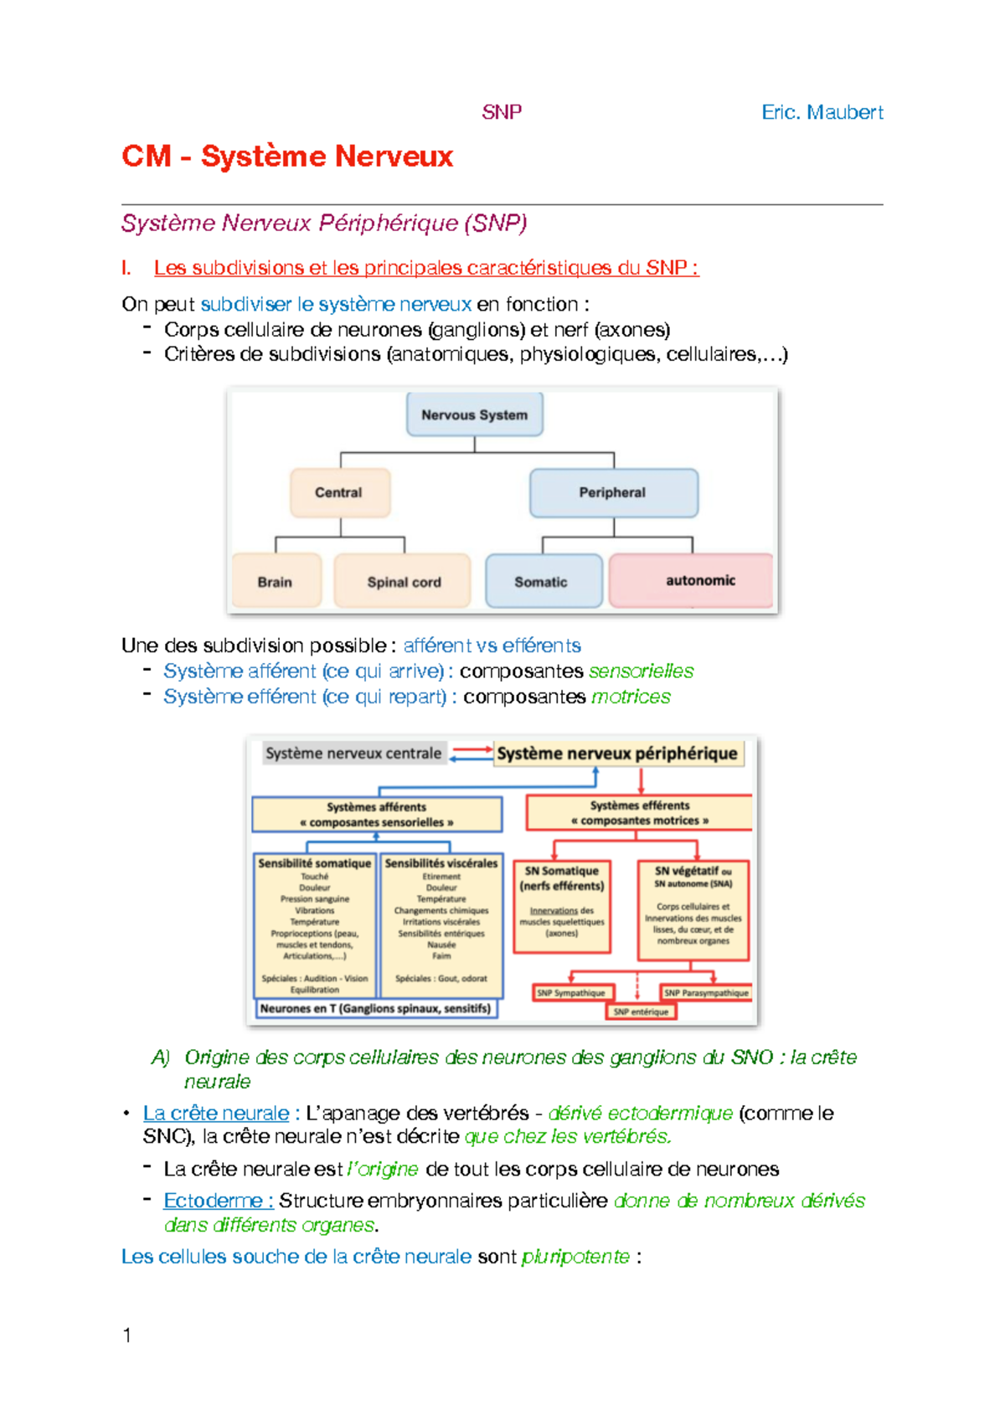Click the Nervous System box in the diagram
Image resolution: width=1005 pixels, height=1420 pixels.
point(474,414)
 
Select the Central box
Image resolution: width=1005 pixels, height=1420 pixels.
point(339,492)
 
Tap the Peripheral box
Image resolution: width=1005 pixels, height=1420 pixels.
point(613,492)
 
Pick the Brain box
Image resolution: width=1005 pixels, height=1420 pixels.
point(276,581)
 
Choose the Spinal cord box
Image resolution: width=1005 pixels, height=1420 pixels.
point(403,581)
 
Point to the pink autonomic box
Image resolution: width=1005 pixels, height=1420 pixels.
point(691,580)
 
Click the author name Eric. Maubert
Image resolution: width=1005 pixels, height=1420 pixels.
point(822,112)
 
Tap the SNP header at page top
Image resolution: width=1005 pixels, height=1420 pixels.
point(502,112)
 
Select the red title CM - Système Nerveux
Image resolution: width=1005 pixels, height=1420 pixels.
point(287,157)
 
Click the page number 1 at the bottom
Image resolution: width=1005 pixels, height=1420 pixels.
point(127,1335)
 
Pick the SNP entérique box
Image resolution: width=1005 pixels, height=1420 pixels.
point(641,1011)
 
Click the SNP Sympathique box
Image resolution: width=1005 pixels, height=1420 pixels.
point(573,993)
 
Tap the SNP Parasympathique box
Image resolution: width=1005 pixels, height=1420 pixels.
point(706,993)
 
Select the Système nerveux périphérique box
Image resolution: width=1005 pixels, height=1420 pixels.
point(617,754)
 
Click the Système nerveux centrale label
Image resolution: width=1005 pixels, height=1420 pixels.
point(353,754)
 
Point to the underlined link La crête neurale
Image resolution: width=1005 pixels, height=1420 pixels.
point(216,1113)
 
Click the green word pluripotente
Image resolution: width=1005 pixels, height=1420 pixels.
point(575,1257)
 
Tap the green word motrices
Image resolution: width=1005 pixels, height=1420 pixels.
point(631,697)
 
